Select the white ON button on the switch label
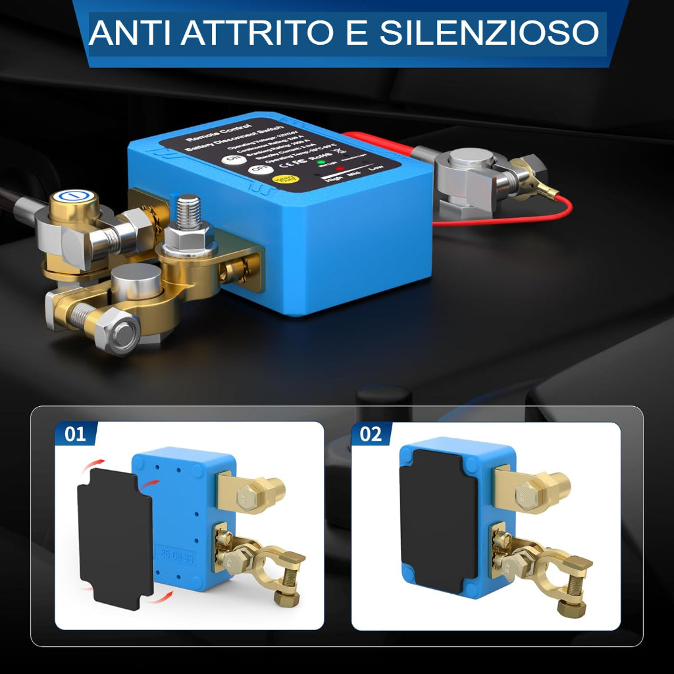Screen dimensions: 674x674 (232, 161)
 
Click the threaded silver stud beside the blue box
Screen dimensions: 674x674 (189, 212)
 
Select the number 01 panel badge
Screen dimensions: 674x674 (76, 434)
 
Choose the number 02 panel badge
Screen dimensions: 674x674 (371, 434)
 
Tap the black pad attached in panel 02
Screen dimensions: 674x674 (438, 520)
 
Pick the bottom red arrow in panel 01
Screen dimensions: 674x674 (161, 596)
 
